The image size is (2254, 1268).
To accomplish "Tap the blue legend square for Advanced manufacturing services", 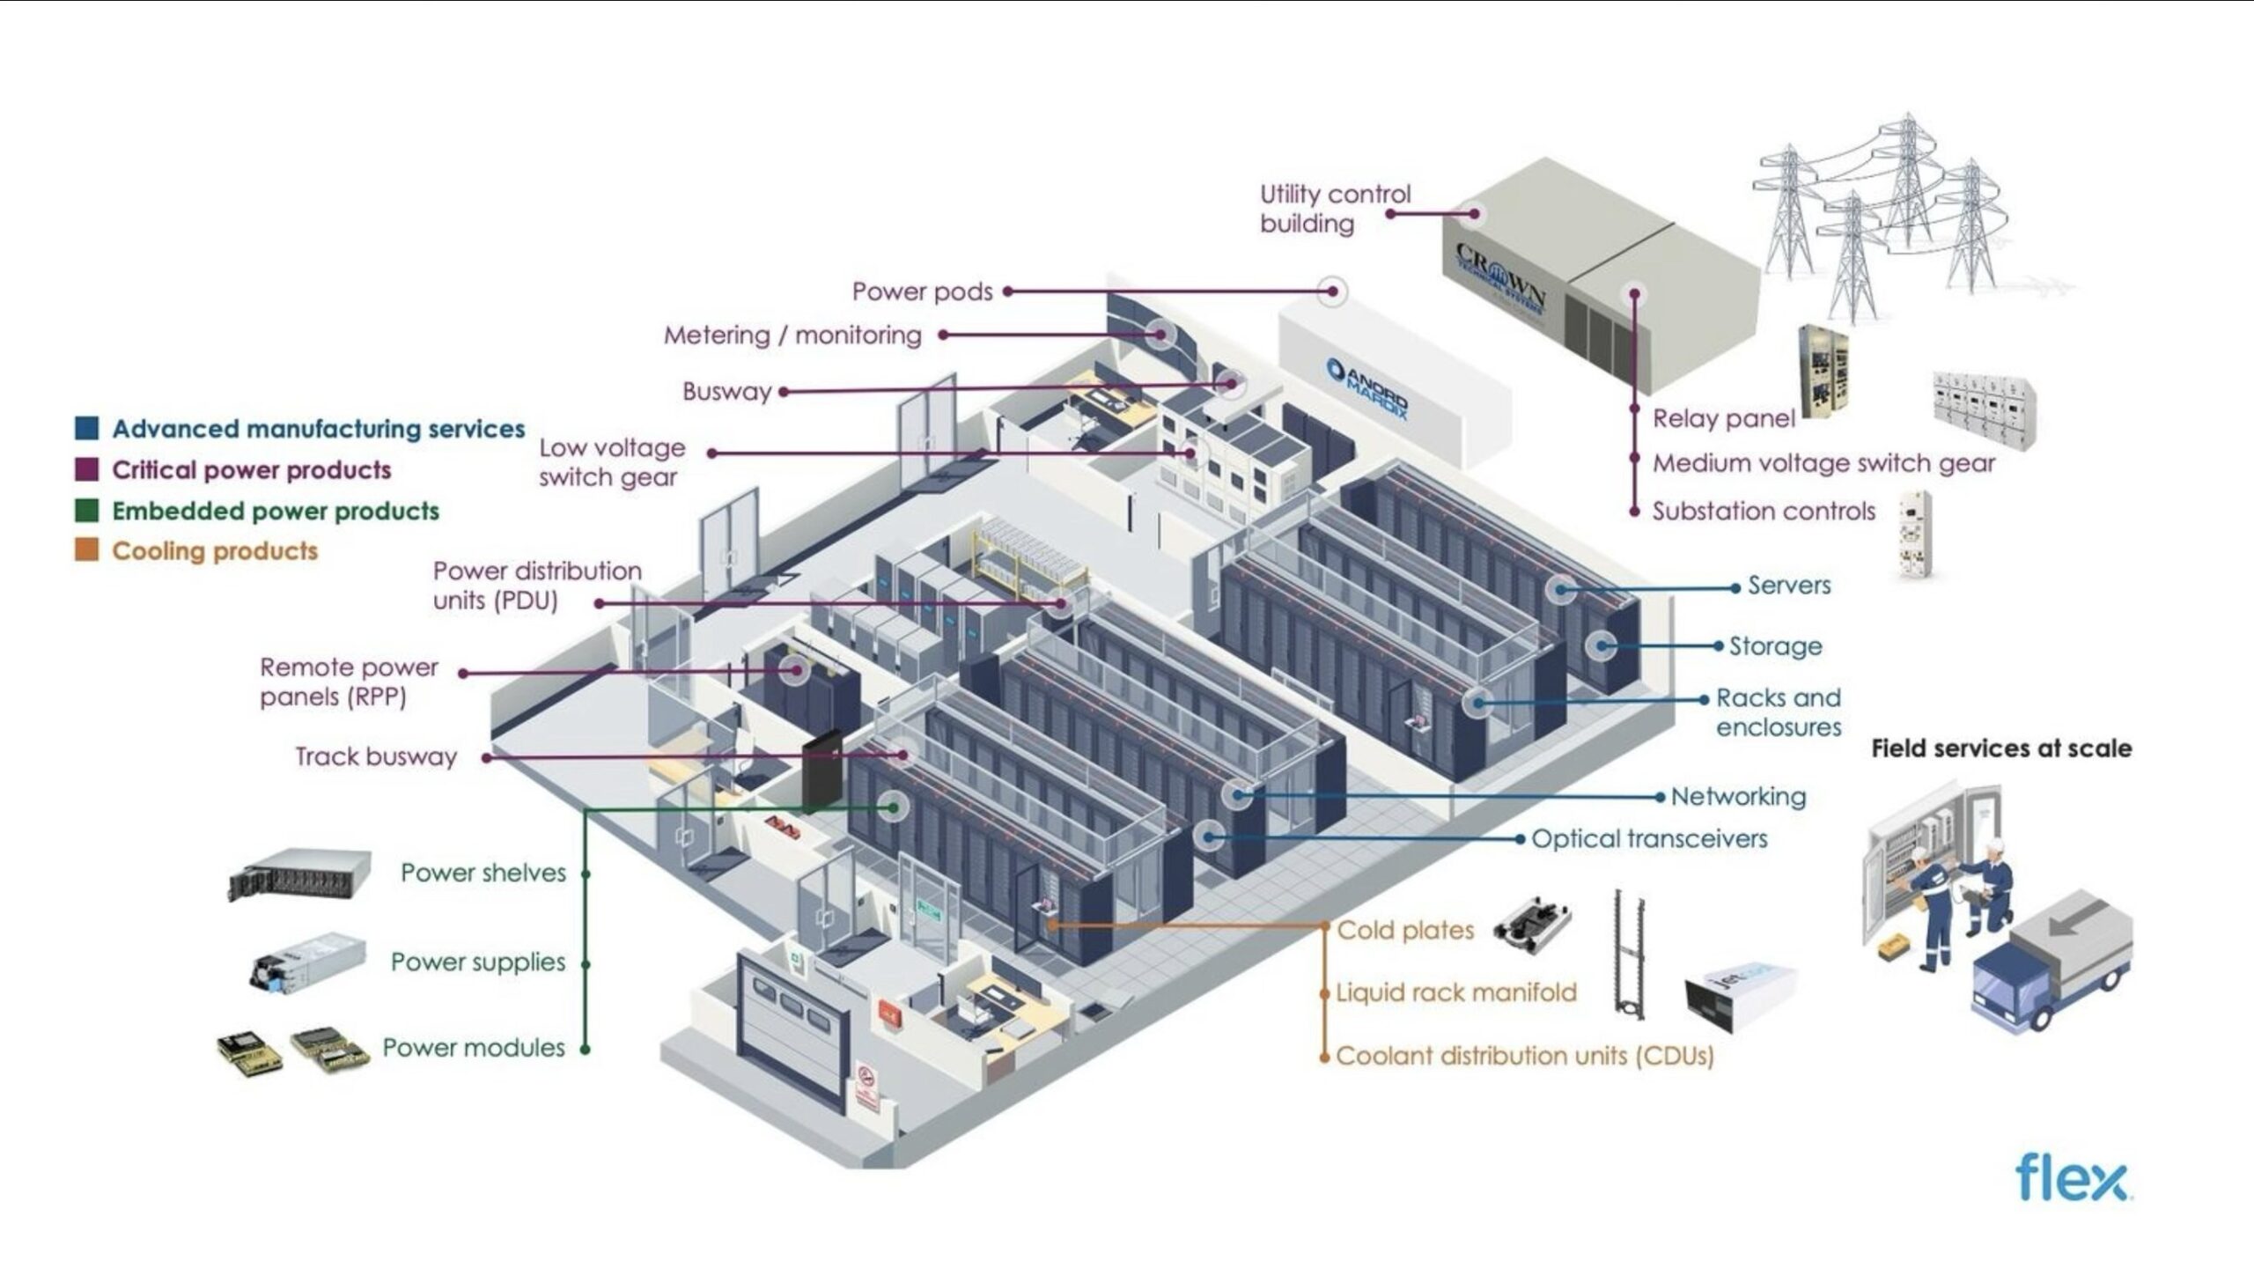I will pyautogui.click(x=86, y=429).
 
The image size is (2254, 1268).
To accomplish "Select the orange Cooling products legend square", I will pyautogui.click(x=86, y=551).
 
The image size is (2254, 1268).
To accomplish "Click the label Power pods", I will pyautogui.click(x=922, y=291).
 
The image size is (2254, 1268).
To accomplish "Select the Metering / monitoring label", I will pyautogui.click(x=792, y=335).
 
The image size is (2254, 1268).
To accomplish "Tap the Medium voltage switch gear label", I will pyautogui.click(x=1823, y=463).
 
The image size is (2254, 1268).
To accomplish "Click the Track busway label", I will pyautogui.click(x=376, y=756).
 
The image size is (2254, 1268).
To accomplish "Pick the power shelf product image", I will pyautogui.click(x=298, y=874).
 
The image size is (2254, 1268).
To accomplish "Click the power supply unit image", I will pyautogui.click(x=307, y=962).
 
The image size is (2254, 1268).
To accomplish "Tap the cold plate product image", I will pyautogui.click(x=1533, y=926).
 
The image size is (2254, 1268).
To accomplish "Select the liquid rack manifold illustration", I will pyautogui.click(x=1629, y=955).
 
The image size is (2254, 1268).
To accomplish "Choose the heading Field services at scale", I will pyautogui.click(x=2001, y=748).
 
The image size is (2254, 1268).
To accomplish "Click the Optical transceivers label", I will pyautogui.click(x=1649, y=839).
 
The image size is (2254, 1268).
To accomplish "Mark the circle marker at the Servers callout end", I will pyautogui.click(x=1562, y=588).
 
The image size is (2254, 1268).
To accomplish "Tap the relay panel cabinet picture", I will pyautogui.click(x=1823, y=372).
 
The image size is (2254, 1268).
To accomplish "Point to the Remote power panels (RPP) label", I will pyautogui.click(x=349, y=682).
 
